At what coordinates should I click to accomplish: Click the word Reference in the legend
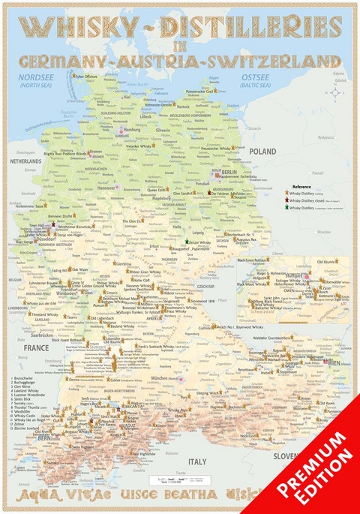(301, 185)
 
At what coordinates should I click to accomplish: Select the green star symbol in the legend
(286, 207)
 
